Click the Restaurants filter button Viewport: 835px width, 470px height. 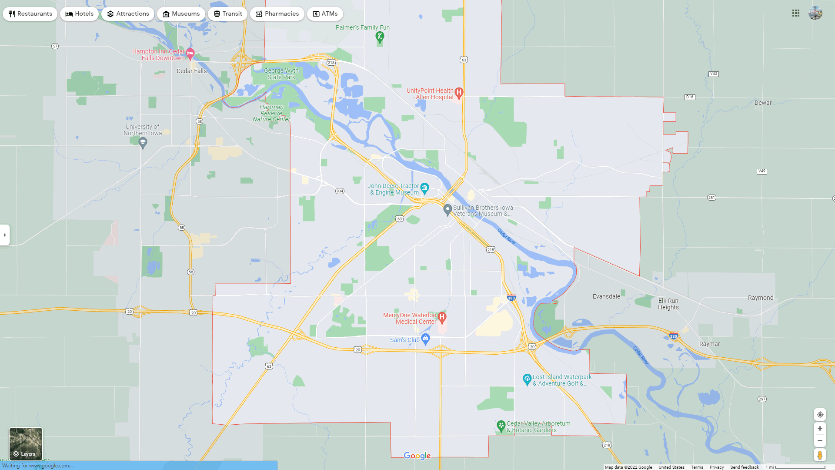[x=30, y=14]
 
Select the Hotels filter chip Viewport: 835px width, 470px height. [x=80, y=14]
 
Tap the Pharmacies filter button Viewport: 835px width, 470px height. [x=277, y=14]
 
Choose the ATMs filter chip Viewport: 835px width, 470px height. [x=325, y=14]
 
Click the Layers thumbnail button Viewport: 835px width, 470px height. [x=26, y=444]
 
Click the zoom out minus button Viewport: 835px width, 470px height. [x=820, y=441]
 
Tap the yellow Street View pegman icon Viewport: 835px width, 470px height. [x=820, y=455]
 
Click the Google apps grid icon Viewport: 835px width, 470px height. [x=796, y=13]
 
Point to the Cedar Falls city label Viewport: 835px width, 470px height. [x=191, y=71]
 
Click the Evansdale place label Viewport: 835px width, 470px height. [x=606, y=296]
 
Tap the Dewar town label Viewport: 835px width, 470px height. [x=763, y=103]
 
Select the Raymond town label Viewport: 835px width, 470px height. [x=761, y=298]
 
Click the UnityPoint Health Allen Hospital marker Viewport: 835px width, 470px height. [x=459, y=92]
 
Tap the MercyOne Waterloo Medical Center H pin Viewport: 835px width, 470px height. [x=442, y=317]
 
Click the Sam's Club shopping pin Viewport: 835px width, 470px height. [x=426, y=339]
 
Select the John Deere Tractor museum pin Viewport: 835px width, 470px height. [x=425, y=188]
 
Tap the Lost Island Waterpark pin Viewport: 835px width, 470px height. [x=527, y=379]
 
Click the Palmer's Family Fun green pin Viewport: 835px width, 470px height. [x=380, y=37]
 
